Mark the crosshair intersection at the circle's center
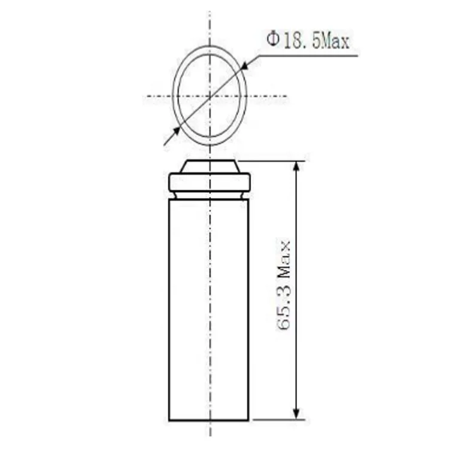210,96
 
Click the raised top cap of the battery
210,166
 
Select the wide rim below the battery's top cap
210,181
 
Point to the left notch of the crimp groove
173,194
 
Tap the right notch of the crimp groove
246,194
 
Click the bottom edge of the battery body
210,420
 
